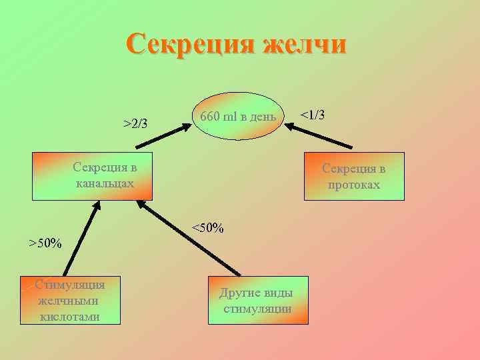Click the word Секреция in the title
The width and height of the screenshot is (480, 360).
tap(189, 45)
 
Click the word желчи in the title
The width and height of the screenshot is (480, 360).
tap(305, 45)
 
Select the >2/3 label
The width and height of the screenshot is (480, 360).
tap(136, 123)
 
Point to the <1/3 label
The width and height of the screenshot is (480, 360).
tap(312, 115)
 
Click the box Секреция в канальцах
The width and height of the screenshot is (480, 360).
tap(93, 175)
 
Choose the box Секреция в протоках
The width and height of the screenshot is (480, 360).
tap(354, 176)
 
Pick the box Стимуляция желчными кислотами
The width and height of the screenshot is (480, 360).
tap(71, 300)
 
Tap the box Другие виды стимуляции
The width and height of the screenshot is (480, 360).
tap(258, 300)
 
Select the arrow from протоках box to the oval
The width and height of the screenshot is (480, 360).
tap(320, 136)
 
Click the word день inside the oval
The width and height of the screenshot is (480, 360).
tap(261, 117)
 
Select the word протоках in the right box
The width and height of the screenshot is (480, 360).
tap(354, 184)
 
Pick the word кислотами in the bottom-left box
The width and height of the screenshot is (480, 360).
tap(71, 317)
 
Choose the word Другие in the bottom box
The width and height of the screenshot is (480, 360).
tap(238, 293)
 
